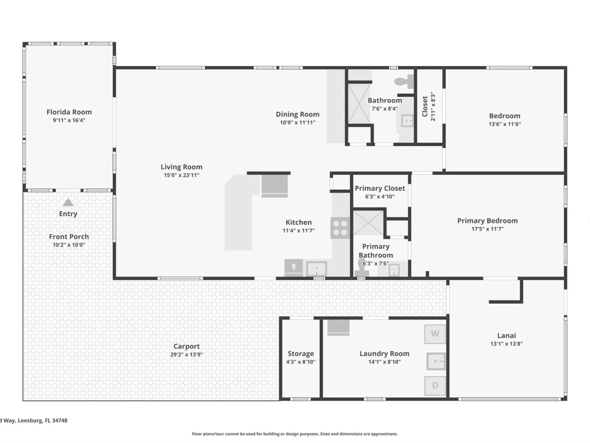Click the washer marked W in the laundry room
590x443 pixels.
coord(435,334)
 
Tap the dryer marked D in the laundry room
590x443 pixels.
coord(435,385)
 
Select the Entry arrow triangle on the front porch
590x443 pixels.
coord(68,202)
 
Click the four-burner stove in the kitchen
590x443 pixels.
coord(340,228)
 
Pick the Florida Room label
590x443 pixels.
coord(69,112)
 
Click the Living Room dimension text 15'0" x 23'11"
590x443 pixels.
coord(182,175)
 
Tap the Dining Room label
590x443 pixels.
coord(298,114)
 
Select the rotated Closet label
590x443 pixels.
coord(425,107)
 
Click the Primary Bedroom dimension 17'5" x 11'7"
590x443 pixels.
coord(487,229)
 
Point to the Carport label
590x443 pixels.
coord(187,346)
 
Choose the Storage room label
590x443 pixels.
coord(301,353)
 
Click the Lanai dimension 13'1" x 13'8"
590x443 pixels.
coord(506,343)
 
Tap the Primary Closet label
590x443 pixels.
coord(380,188)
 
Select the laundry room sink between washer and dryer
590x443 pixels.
coord(436,361)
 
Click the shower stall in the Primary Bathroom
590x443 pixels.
coord(368,223)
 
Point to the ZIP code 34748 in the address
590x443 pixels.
coord(59,420)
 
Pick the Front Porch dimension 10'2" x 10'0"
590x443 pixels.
coord(69,245)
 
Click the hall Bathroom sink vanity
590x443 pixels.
coord(407,121)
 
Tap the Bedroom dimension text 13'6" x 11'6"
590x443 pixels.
coord(504,124)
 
